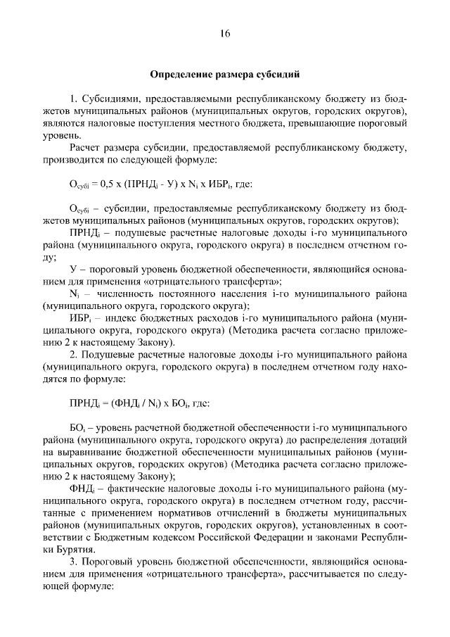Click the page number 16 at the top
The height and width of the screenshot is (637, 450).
coord(224,33)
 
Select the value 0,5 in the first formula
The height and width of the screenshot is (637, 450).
coord(111,184)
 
